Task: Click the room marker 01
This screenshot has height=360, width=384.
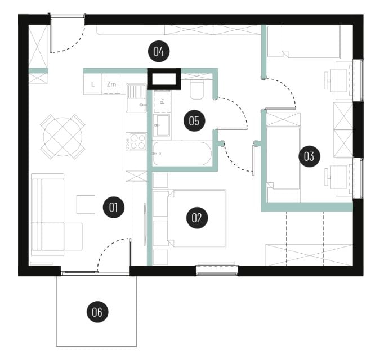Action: point(113,207)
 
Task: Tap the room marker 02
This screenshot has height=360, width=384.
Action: point(197,218)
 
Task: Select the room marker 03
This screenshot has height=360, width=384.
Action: point(309,156)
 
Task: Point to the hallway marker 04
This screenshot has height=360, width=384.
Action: point(159,51)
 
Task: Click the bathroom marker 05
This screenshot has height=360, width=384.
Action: point(194,120)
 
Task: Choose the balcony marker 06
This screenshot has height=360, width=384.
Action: point(97,312)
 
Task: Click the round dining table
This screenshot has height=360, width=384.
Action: point(62,137)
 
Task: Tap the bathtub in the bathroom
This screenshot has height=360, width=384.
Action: point(182,154)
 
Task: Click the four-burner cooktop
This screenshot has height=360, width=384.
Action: point(136,141)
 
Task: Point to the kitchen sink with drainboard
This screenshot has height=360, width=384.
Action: point(136,98)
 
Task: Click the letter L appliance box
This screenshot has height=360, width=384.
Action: point(92,84)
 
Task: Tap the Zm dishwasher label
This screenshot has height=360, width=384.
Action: point(111,84)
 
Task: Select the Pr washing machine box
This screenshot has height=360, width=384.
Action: point(162,101)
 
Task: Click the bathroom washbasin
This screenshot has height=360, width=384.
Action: point(162,125)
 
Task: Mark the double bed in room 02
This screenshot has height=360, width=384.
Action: point(197,218)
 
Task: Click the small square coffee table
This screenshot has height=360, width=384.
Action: point(86,204)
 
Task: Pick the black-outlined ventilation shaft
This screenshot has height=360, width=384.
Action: point(164,79)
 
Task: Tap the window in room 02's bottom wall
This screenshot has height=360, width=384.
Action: point(217,270)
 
